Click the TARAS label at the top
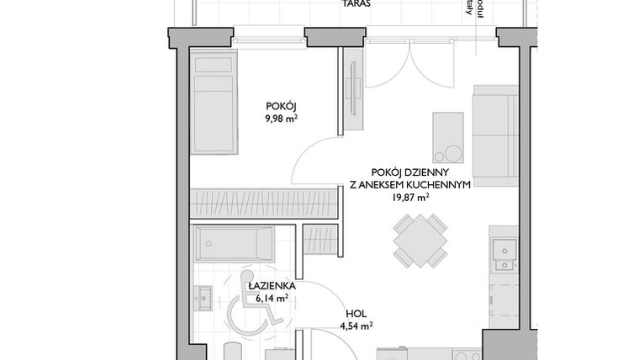pyautogui.click(x=357, y=4)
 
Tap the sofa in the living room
pyautogui.click(x=495, y=127)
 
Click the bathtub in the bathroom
pyautogui.click(x=234, y=245)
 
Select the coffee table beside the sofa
pyautogui.click(x=447, y=137)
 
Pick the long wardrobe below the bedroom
pyautogui.click(x=265, y=203)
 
